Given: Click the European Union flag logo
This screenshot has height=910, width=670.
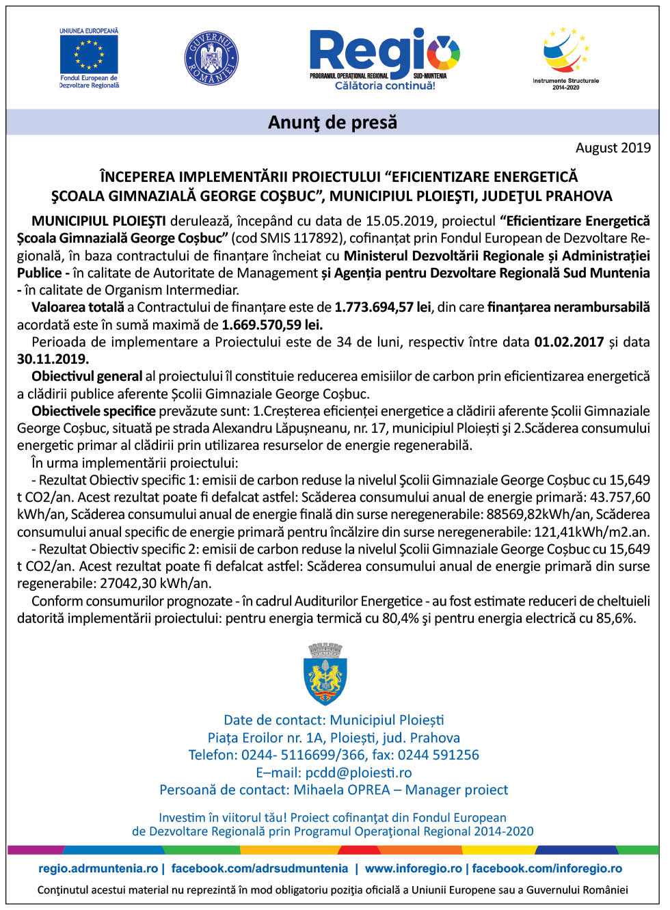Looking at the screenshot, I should (89, 54).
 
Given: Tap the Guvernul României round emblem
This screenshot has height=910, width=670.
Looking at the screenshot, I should (212, 58).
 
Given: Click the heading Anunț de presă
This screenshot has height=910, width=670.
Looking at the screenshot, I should (332, 122).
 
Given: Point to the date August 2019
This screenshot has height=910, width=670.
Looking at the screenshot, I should (613, 148).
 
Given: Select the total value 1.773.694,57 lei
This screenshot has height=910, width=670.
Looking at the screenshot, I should (383, 307).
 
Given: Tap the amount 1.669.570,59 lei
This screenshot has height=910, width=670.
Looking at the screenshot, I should (272, 325).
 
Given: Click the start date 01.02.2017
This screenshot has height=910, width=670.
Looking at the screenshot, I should (569, 342).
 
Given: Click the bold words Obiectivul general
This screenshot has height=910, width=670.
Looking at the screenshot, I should (87, 376).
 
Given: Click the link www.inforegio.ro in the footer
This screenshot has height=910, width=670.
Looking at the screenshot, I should (414, 868).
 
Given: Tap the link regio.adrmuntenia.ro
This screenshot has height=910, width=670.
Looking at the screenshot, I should (98, 868).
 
